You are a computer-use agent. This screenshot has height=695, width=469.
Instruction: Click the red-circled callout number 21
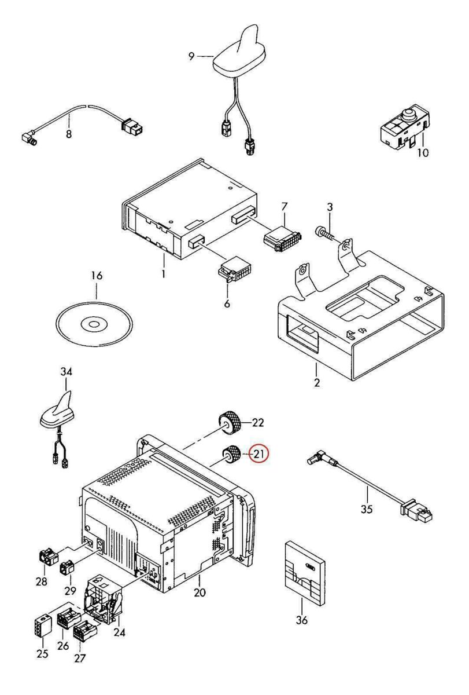pyautogui.click(x=258, y=455)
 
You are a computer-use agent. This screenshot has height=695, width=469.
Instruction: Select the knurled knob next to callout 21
pyautogui.click(x=231, y=455)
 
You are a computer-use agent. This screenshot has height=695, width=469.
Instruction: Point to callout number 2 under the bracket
pyautogui.click(x=317, y=383)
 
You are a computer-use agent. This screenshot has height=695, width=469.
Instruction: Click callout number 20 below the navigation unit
pyautogui.click(x=200, y=592)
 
